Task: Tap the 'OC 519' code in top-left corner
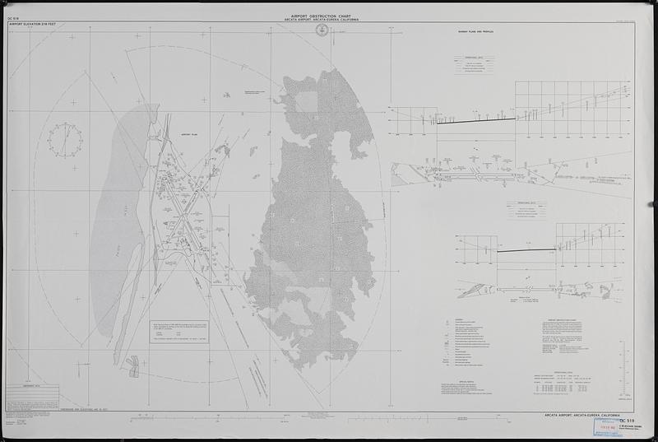[x=12, y=17]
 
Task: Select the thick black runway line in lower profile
[x=526, y=251]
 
